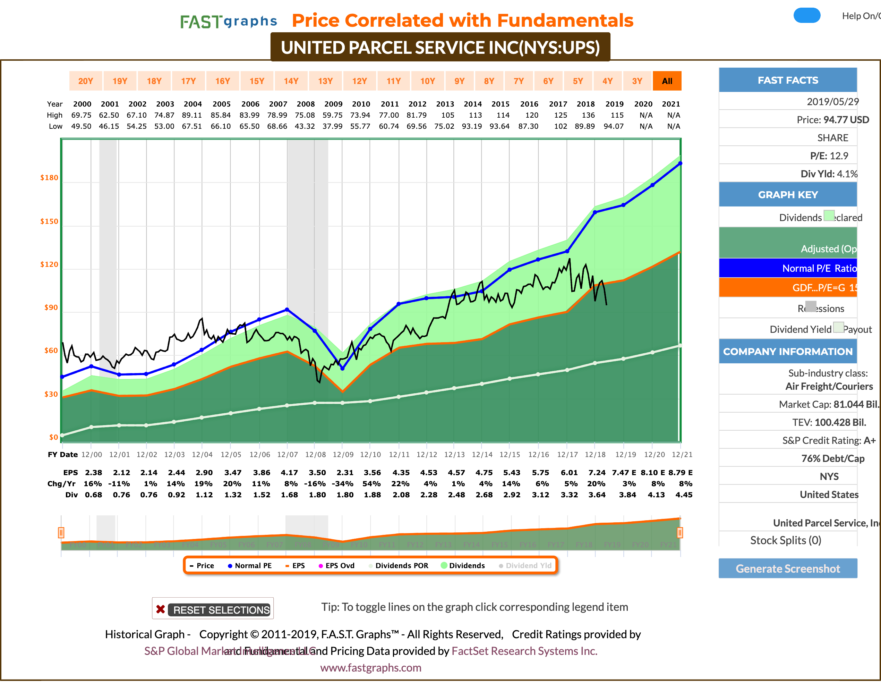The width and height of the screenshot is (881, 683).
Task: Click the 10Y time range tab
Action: (427, 81)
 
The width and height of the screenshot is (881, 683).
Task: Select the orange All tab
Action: (667, 81)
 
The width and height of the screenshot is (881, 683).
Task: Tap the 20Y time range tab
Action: (86, 81)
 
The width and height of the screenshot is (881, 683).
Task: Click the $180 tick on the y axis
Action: (49, 178)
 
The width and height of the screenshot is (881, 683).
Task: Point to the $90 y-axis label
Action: (51, 307)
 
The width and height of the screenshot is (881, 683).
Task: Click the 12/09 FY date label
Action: (343, 455)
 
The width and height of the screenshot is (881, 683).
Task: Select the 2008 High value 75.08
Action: (305, 115)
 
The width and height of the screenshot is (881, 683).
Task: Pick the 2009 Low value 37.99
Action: (332, 126)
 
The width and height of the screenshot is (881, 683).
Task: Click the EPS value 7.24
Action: (597, 473)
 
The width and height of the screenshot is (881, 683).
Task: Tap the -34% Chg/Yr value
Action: (343, 483)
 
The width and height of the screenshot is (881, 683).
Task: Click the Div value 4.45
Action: (684, 495)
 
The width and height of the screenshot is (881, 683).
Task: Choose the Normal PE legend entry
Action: (250, 566)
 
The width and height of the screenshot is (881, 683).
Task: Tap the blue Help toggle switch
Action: (807, 16)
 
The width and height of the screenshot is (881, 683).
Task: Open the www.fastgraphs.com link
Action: (371, 668)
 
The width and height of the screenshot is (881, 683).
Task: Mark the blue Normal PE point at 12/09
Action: (342, 368)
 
